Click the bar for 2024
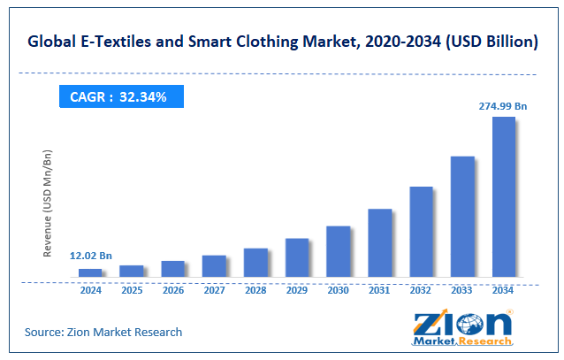click(x=90, y=272)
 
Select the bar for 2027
click(x=214, y=265)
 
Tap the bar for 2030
click(x=338, y=250)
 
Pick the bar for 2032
click(x=421, y=231)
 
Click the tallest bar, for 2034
click(x=503, y=195)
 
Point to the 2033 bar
click(x=462, y=216)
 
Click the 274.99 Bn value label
click(x=503, y=106)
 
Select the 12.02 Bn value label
click(x=90, y=257)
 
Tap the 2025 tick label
click(x=132, y=289)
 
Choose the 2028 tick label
click(x=255, y=289)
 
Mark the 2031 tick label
click(x=379, y=289)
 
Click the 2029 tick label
click(x=297, y=289)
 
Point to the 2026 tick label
click(x=173, y=289)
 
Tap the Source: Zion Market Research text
click(x=103, y=332)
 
